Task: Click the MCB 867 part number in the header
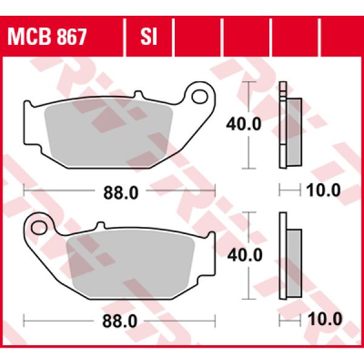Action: click(47, 38)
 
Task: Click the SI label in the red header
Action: click(149, 38)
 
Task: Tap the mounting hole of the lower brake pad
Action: click(38, 228)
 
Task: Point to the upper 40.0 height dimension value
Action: click(243, 124)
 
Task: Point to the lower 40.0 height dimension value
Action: click(243, 254)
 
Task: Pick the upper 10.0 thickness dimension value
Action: click(323, 191)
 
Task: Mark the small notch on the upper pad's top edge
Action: click(138, 95)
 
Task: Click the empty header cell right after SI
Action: click(197, 38)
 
